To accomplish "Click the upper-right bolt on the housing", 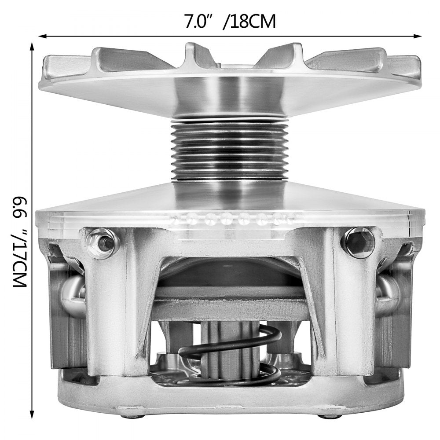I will coord(357,241).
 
